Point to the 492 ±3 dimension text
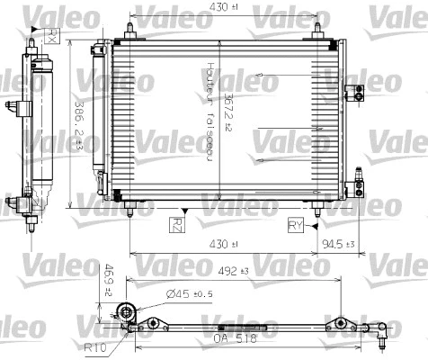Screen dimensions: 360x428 pos(236,267)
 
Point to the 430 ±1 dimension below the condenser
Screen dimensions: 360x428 pos(223,243)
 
